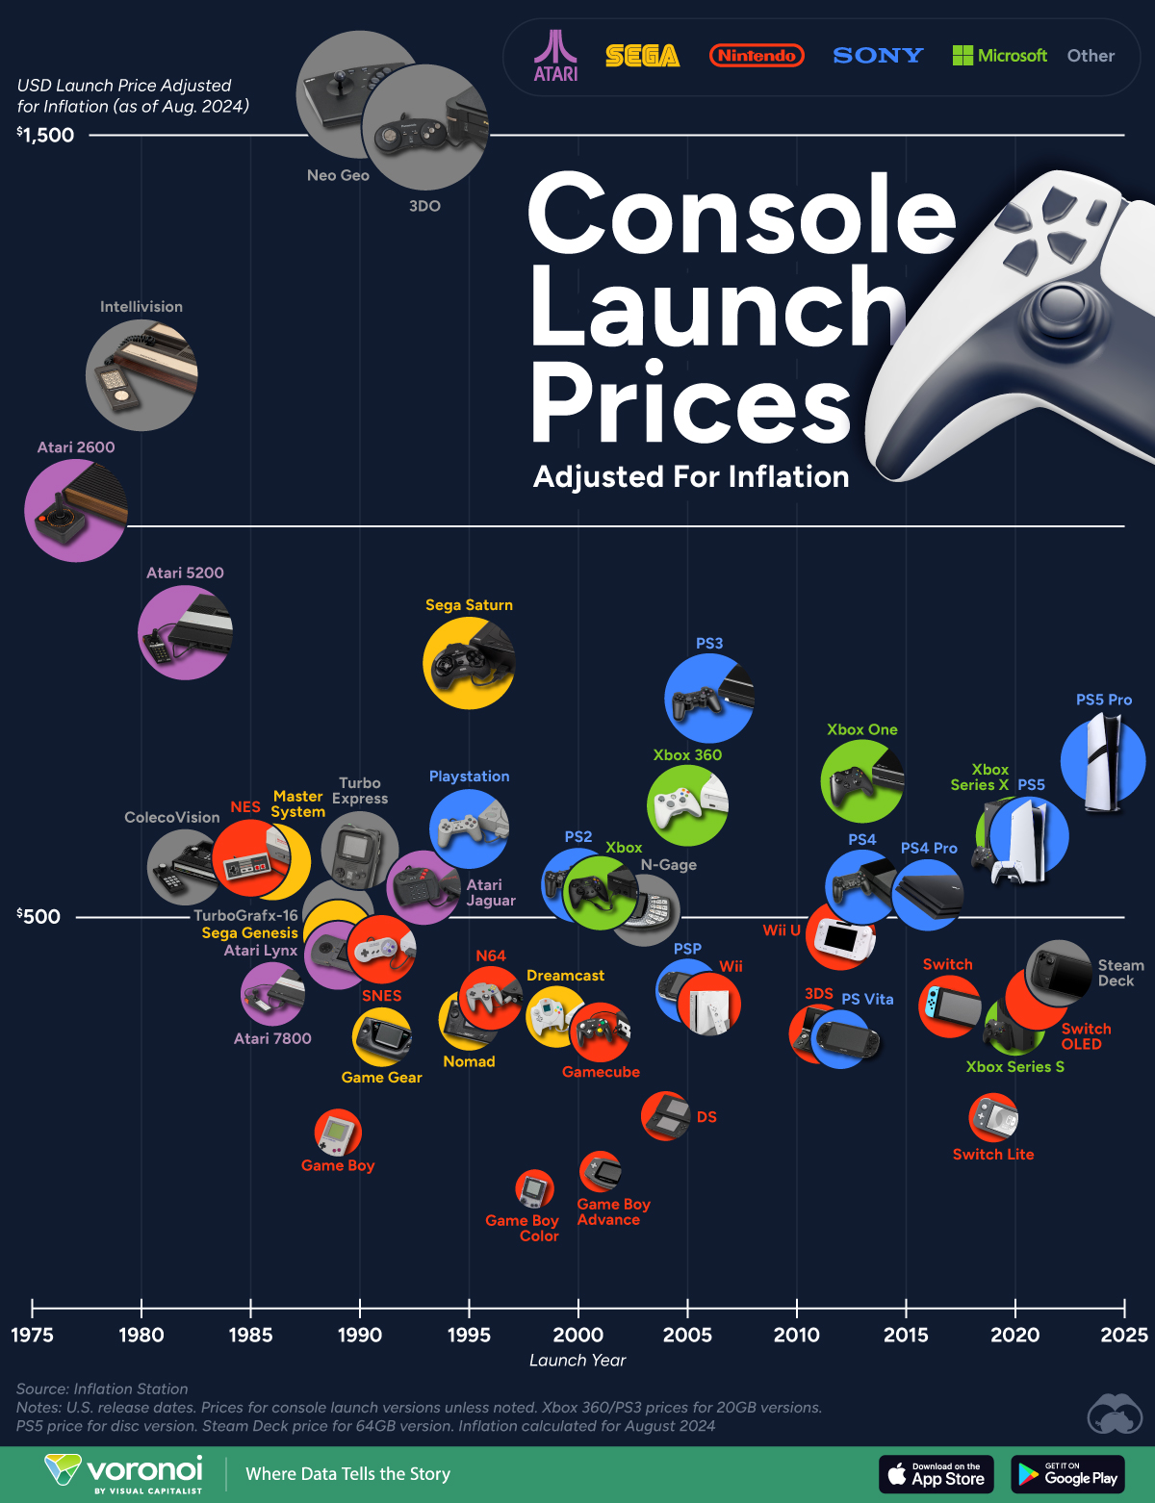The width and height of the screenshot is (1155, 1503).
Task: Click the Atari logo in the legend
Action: click(x=555, y=56)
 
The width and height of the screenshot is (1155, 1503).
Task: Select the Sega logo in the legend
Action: click(x=642, y=56)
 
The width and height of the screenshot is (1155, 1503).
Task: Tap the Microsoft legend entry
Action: click(x=999, y=56)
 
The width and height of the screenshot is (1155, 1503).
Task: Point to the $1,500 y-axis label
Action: click(x=45, y=135)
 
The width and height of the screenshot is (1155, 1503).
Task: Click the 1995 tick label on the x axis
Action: click(x=469, y=1335)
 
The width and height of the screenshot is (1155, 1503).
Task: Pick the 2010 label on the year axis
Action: click(x=797, y=1335)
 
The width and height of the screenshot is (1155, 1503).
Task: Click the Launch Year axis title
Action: click(x=577, y=1360)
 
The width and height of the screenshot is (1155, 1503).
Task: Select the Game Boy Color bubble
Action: click(x=534, y=1189)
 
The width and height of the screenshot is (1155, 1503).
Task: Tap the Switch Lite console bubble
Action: click(x=993, y=1117)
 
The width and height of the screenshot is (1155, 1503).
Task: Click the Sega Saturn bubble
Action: click(x=469, y=663)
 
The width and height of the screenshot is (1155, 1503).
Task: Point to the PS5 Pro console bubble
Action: click(x=1103, y=761)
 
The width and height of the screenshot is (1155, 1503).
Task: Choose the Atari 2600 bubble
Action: click(x=75, y=510)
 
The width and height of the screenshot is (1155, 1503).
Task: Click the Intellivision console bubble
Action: click(x=141, y=374)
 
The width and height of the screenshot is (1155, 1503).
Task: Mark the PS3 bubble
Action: click(x=709, y=699)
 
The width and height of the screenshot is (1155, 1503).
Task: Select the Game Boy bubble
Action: click(x=338, y=1133)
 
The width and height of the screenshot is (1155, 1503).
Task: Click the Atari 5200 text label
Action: click(x=185, y=573)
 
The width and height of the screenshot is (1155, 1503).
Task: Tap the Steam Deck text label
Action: click(x=1120, y=973)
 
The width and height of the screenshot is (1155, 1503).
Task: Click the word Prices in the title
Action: click(x=690, y=402)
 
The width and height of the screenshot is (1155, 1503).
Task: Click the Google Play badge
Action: click(x=1067, y=1474)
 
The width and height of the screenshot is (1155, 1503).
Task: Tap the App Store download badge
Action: click(x=936, y=1474)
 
